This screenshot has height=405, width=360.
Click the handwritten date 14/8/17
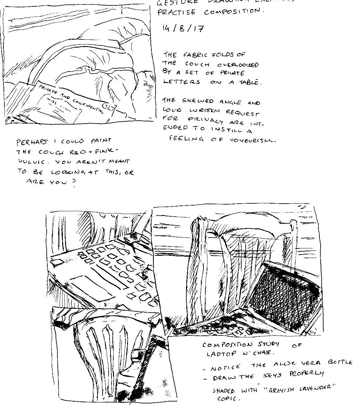click(x=183, y=29)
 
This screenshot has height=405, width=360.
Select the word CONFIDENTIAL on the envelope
click(x=88, y=105)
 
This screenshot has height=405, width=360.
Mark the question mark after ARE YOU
click(x=74, y=185)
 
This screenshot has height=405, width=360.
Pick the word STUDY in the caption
click(x=268, y=344)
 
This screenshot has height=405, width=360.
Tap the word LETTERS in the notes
click(x=182, y=82)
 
